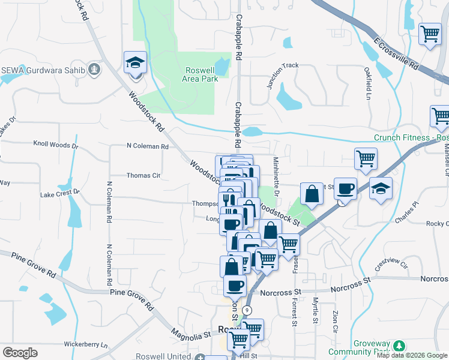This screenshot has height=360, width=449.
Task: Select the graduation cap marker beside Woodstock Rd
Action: click(x=136, y=62)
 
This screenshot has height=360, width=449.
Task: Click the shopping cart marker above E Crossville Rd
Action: click(x=430, y=34)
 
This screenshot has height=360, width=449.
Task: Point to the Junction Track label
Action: click(x=283, y=74)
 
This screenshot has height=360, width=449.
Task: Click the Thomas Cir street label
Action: click(x=143, y=176)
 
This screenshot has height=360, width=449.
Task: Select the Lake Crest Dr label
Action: click(x=60, y=193)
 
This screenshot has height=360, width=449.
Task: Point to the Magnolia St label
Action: click(x=191, y=332)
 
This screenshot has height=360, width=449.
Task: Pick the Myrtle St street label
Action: click(x=315, y=310)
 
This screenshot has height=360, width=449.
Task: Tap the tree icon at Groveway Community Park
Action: click(x=397, y=346)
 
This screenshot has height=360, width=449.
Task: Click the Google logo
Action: click(x=20, y=353)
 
